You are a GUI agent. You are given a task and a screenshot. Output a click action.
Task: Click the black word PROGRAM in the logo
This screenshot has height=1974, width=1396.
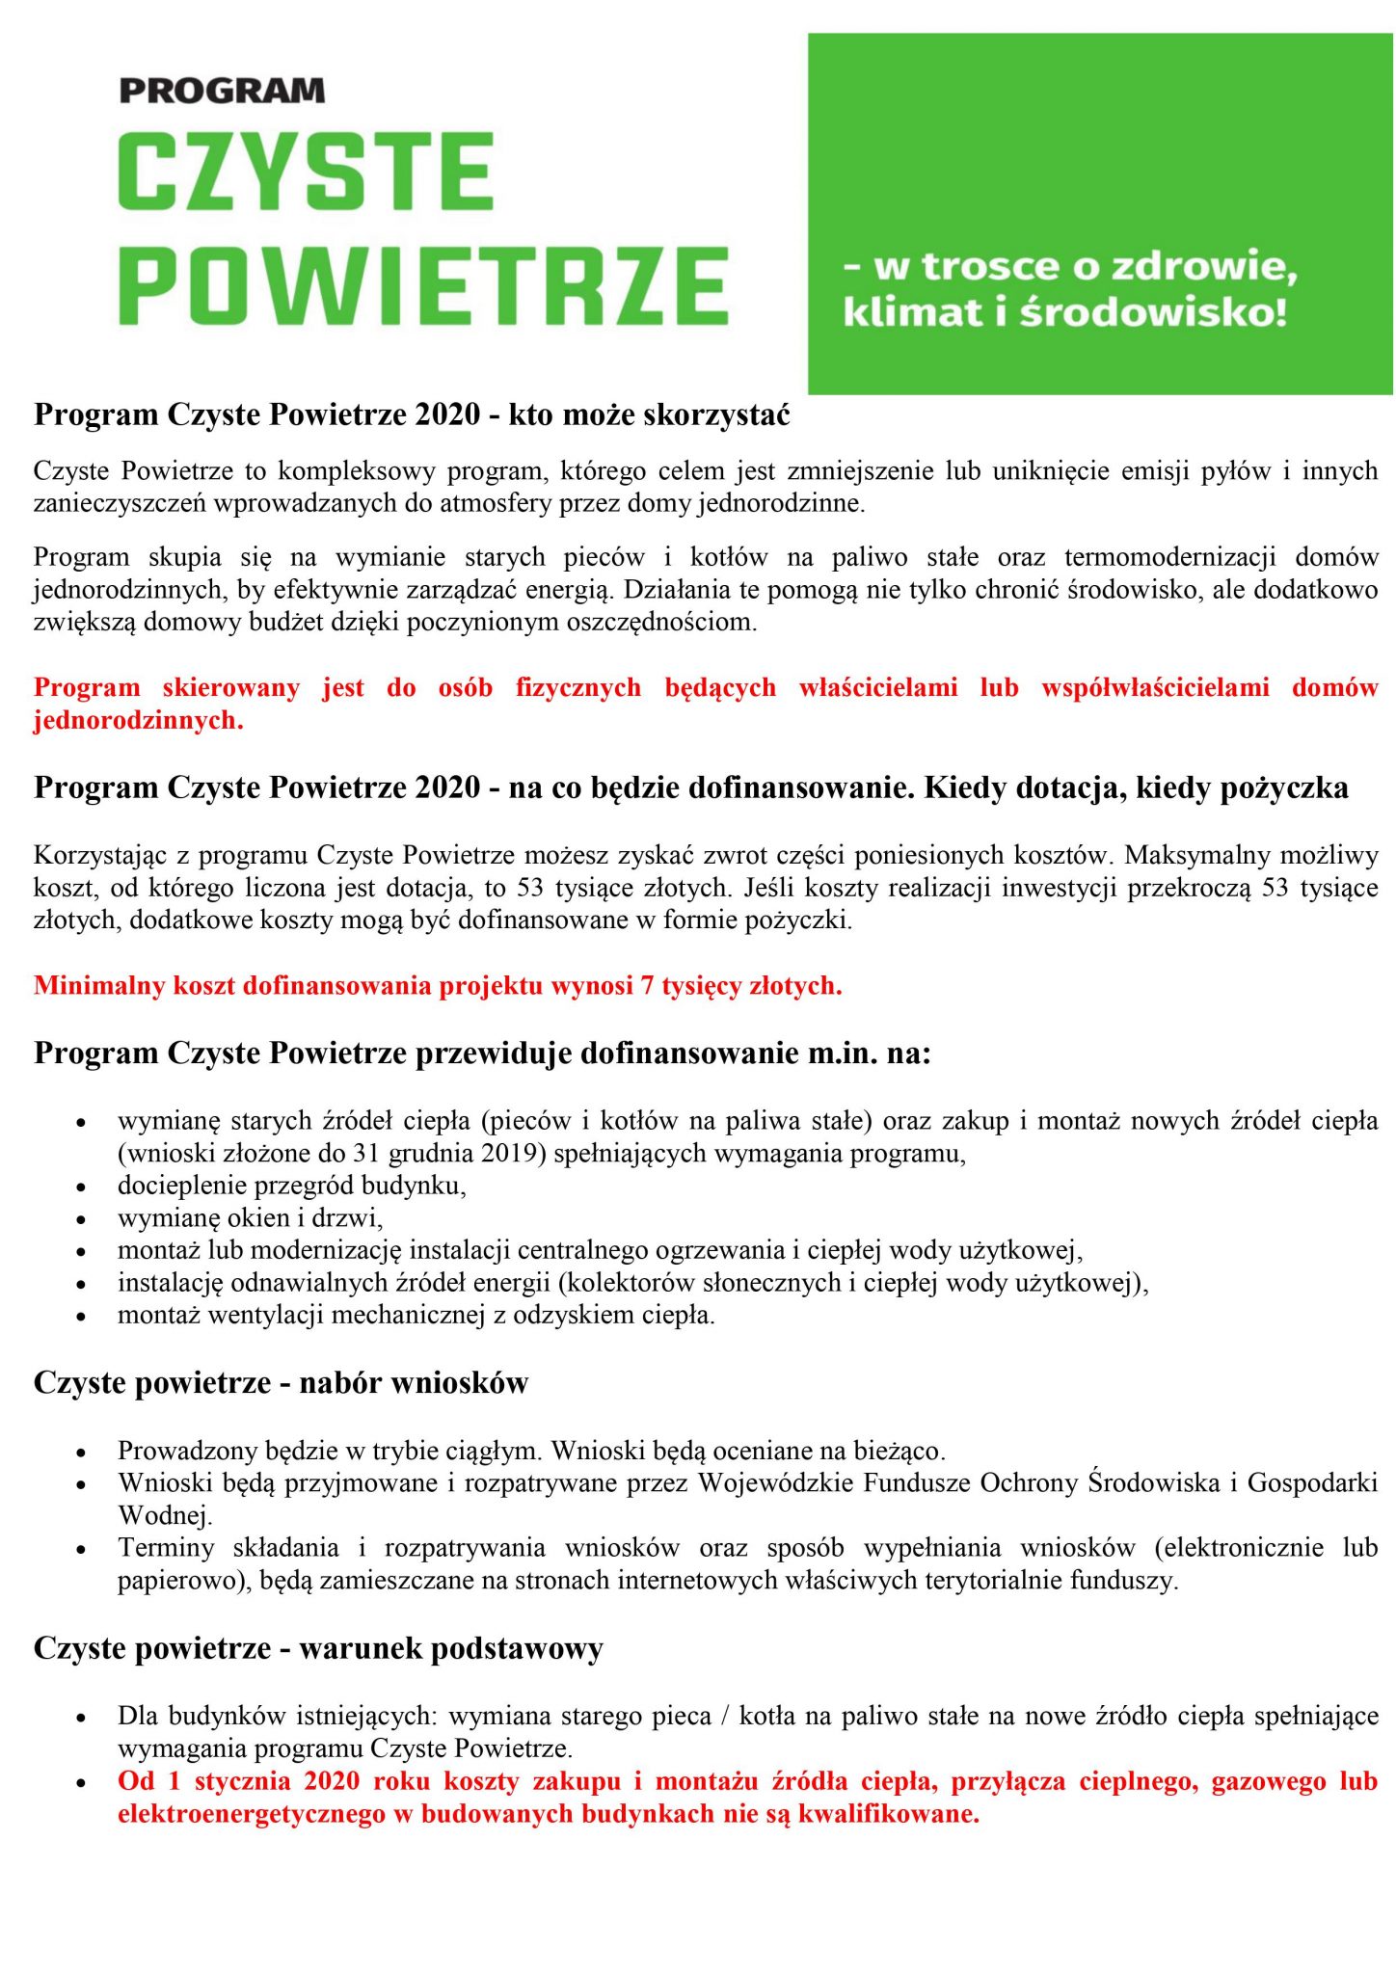pyautogui.click(x=222, y=91)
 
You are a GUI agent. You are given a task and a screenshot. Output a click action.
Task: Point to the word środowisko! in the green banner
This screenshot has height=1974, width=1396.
pyautogui.click(x=1153, y=312)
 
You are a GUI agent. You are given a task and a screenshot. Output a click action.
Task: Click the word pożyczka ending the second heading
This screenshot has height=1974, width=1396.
pyautogui.click(x=1284, y=787)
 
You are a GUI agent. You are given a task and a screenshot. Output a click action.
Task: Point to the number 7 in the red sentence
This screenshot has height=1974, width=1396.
pyautogui.click(x=647, y=986)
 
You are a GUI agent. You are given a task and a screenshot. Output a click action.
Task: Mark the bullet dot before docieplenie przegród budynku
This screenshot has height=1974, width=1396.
pyautogui.click(x=83, y=1187)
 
